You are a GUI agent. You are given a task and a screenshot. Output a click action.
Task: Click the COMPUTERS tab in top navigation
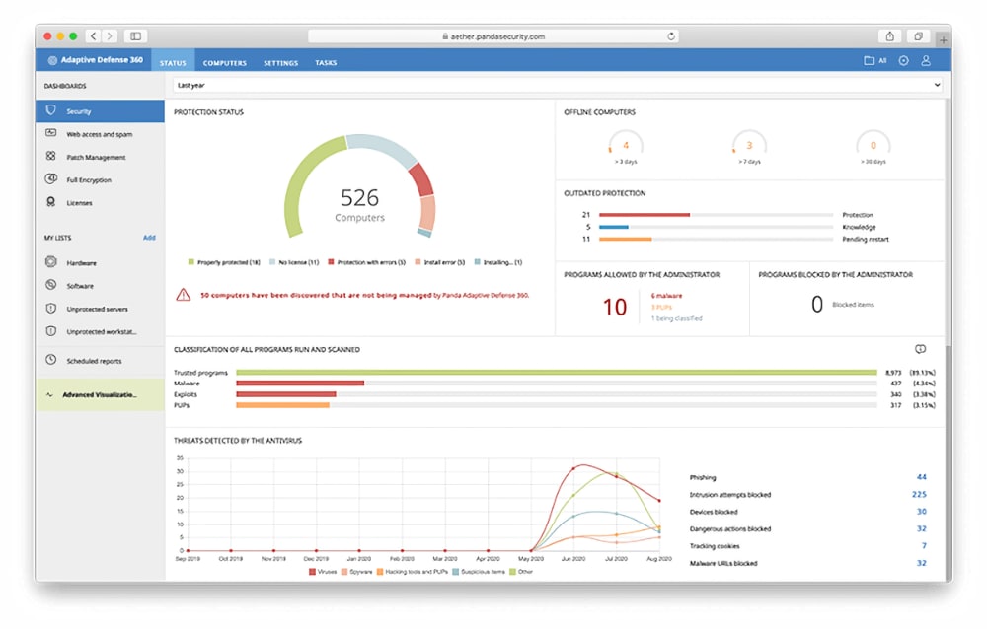click(225, 63)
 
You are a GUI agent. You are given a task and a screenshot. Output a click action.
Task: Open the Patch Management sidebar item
click(96, 157)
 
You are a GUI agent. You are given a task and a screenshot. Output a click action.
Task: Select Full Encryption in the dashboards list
click(89, 180)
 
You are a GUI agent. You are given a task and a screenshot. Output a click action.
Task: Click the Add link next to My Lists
click(149, 238)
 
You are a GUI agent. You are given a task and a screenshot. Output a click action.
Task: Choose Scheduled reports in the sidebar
click(95, 361)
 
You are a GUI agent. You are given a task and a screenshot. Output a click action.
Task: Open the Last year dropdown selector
click(558, 86)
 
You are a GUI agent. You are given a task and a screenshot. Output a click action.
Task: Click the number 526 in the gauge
click(359, 197)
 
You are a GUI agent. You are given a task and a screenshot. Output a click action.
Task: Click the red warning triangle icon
click(183, 294)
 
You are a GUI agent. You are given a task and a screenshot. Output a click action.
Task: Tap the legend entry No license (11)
click(297, 262)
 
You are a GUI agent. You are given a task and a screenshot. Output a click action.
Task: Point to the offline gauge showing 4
click(626, 145)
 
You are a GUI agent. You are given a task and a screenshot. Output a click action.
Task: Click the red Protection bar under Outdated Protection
click(644, 215)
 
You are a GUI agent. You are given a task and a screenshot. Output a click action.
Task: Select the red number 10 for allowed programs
click(615, 307)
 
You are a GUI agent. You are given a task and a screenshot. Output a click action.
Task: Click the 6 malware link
click(667, 295)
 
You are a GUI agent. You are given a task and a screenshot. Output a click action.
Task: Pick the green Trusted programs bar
click(556, 373)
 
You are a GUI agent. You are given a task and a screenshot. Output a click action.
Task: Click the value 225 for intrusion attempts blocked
click(919, 495)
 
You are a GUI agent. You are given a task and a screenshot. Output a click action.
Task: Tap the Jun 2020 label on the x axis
click(573, 558)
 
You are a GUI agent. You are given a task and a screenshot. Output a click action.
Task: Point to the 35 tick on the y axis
click(180, 458)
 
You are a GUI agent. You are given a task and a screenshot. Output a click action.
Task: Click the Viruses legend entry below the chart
click(325, 571)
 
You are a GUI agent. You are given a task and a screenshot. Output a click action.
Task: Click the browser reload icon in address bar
click(671, 36)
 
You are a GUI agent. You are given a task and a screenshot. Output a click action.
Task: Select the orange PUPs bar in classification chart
click(282, 404)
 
